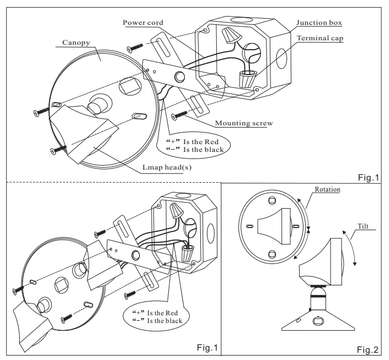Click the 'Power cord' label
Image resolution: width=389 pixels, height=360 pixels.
[x=143, y=23]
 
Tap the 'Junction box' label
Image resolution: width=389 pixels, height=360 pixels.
[x=319, y=23]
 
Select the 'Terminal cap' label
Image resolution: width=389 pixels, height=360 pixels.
[x=320, y=38]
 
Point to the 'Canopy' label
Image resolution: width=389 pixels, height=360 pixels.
[x=76, y=43]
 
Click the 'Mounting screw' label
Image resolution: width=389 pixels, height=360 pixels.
[x=244, y=123]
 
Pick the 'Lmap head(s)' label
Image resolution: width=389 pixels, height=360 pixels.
[x=167, y=167]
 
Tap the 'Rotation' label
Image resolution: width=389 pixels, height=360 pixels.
[x=327, y=189]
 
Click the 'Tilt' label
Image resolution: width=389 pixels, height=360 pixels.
[x=363, y=226]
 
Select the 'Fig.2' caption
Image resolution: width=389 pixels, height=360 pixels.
[x=367, y=350]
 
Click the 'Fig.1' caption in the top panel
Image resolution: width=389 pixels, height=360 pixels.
[x=369, y=178]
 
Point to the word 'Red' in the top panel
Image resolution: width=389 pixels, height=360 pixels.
[x=213, y=142]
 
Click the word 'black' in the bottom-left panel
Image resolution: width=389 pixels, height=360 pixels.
[x=172, y=321]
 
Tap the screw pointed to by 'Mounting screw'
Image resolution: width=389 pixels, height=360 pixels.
[x=179, y=115]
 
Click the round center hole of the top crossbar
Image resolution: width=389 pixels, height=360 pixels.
[x=179, y=76]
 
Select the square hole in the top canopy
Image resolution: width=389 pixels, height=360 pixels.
[x=130, y=86]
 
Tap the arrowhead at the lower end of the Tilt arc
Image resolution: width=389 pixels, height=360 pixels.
[x=355, y=263]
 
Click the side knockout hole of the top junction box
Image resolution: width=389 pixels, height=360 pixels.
[x=281, y=59]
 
